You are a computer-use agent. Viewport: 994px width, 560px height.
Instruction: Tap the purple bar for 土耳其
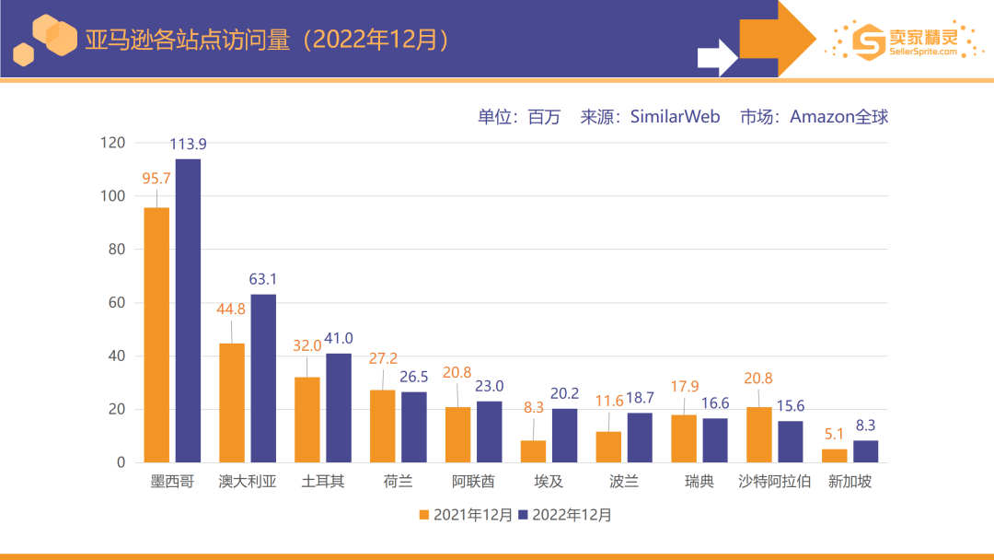(339, 407)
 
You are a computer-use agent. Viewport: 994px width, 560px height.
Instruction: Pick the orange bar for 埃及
(534, 451)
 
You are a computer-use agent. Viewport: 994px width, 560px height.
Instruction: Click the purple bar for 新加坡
(866, 451)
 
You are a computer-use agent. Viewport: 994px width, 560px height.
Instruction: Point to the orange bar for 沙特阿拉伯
(759, 435)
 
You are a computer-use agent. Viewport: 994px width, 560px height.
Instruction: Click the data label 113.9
(188, 144)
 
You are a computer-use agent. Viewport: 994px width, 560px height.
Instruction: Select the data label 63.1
(263, 279)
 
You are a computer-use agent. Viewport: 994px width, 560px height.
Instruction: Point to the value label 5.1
(835, 434)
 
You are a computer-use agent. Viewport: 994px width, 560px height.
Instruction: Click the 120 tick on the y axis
(112, 143)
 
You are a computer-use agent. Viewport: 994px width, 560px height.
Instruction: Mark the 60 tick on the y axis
(116, 303)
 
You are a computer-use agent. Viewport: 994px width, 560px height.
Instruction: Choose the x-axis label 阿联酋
(473, 482)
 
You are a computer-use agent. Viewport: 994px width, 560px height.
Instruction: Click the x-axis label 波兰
(624, 482)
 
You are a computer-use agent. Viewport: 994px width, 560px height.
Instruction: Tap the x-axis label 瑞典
(699, 482)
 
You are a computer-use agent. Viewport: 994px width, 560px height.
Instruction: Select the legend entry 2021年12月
(466, 515)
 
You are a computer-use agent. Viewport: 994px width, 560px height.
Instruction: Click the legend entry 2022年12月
(564, 515)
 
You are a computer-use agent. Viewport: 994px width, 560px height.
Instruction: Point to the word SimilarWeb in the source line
(675, 117)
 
